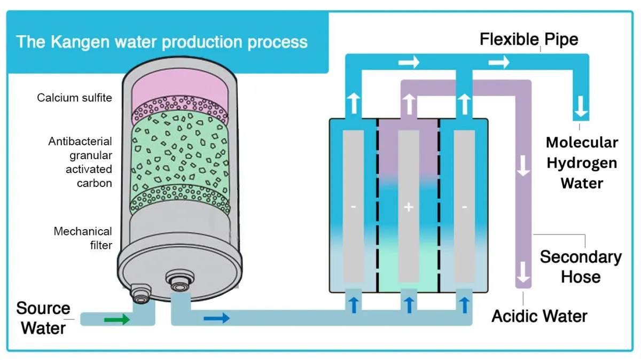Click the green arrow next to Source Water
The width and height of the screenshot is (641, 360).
117,319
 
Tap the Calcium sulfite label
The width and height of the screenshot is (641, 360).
74,98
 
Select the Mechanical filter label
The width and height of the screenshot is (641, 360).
83,238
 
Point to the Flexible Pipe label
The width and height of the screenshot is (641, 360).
528,40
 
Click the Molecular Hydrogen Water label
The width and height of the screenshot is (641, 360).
581,162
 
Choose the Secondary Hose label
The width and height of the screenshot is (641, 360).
580,266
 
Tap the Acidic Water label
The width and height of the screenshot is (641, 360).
539,316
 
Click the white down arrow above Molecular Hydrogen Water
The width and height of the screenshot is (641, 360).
581,111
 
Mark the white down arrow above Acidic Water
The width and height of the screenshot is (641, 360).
523,272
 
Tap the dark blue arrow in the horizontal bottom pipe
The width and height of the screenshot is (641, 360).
217,318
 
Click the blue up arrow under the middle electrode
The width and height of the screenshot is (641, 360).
409,304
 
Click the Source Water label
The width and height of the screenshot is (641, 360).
43,318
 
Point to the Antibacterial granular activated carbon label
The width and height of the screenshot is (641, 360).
80,162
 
